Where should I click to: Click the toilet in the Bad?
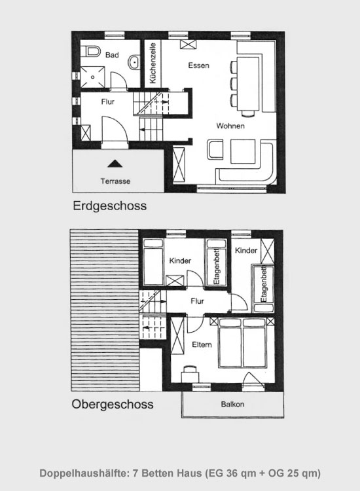pyautogui.click(x=92, y=50)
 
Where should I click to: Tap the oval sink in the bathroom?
pyautogui.click(x=134, y=62)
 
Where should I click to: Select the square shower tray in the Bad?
pyautogui.click(x=93, y=77)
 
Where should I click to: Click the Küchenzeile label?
pyautogui.click(x=153, y=63)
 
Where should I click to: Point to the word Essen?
pyautogui.click(x=198, y=65)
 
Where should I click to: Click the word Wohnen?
pyautogui.click(x=230, y=126)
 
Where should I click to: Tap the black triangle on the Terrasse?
pyautogui.click(x=115, y=164)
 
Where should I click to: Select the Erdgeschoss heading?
pyautogui.click(x=109, y=206)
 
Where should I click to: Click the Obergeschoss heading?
pyautogui.click(x=113, y=404)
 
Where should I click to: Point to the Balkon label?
pyautogui.click(x=232, y=405)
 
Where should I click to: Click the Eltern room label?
pyautogui.click(x=202, y=344)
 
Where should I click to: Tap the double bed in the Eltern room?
pyautogui.click(x=243, y=342)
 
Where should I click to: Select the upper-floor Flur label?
pyautogui.click(x=197, y=301)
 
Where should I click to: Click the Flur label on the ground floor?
pyautogui.click(x=108, y=101)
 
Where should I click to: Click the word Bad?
pyautogui.click(x=112, y=55)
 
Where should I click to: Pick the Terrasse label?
pyautogui.click(x=115, y=181)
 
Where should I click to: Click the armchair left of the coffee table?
pyautogui.click(x=215, y=150)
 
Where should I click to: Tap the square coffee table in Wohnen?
pyautogui.click(x=243, y=151)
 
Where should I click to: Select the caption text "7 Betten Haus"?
pyautogui.click(x=167, y=473)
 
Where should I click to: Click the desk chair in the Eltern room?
pyautogui.click(x=190, y=369)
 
